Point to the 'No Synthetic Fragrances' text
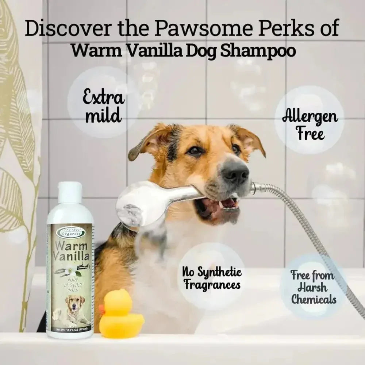pos(212,278)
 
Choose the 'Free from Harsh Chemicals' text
pos(313,287)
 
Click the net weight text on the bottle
pos(70,330)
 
